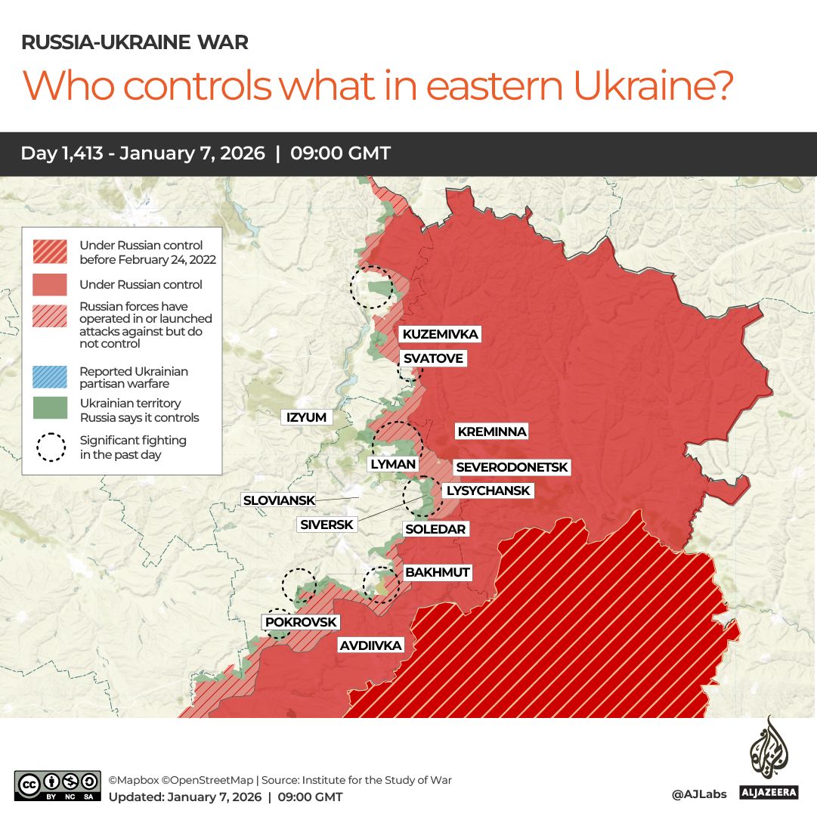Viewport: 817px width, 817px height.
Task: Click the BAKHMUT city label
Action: tap(438, 573)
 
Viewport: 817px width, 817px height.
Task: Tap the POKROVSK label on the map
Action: tap(301, 622)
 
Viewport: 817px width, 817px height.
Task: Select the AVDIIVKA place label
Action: tap(370, 645)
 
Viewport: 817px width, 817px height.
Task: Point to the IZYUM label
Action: tap(306, 417)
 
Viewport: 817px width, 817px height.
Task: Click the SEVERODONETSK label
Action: tap(512, 468)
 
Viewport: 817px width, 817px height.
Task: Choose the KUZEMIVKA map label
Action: tap(440, 334)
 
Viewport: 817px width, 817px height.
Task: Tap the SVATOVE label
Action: tap(432, 358)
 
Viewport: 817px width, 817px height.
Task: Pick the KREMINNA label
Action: tap(491, 432)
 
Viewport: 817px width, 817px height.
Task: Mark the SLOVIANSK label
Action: tap(278, 500)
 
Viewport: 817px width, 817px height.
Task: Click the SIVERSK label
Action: tap(326, 525)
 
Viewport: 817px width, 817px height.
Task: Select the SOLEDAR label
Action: tap(435, 529)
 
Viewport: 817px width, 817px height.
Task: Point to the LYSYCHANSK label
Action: tap(488, 491)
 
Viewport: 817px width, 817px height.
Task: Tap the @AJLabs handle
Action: tap(698, 794)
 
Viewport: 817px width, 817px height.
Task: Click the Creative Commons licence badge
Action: tap(57, 785)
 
